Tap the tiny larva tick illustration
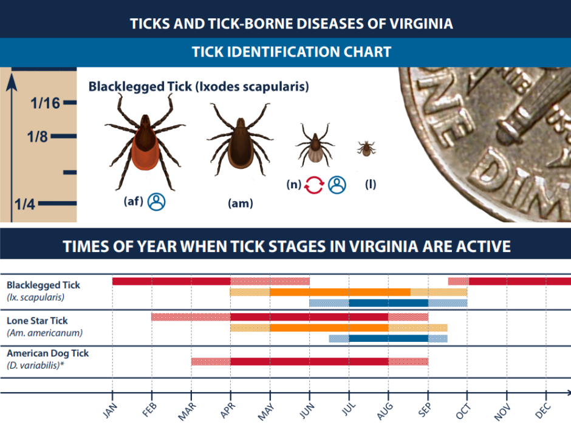pos(366,148)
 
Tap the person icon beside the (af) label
pos(157,201)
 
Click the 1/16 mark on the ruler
pos(46,103)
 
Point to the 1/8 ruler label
pos(38,136)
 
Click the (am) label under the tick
pos(240,203)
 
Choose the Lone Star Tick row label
pos(37,321)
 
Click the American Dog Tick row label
pos(48,353)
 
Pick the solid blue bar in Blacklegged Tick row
pos(388,303)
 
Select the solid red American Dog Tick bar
pos(309,361)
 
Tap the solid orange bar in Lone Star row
pos(329,328)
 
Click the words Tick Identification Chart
pos(291,52)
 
